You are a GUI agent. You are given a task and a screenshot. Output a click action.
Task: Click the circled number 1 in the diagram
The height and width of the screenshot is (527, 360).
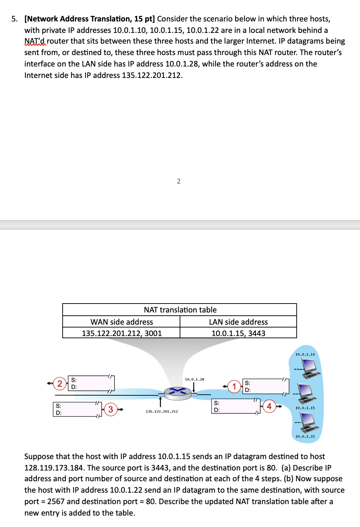pyautogui.click(x=234, y=386)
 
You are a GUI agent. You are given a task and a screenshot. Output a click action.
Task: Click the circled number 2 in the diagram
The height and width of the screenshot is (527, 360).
pyautogui.click(x=60, y=384)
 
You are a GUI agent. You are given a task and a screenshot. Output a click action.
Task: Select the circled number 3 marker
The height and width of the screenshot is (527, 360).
pyautogui.click(x=111, y=409)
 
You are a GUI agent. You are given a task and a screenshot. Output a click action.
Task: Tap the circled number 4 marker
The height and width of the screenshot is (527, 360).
pyautogui.click(x=269, y=406)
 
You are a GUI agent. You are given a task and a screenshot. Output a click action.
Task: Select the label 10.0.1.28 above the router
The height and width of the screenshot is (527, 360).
pyautogui.click(x=194, y=379)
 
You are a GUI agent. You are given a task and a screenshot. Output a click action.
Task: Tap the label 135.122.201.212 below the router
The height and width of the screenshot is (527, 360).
pyautogui.click(x=162, y=412)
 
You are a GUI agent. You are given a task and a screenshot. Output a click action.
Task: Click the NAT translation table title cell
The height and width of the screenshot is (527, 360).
pyautogui.click(x=180, y=310)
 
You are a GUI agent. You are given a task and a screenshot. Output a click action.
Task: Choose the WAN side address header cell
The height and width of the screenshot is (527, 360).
pyautogui.click(x=122, y=322)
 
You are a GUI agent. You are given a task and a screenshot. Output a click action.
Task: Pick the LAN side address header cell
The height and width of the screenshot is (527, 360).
pyautogui.click(x=238, y=322)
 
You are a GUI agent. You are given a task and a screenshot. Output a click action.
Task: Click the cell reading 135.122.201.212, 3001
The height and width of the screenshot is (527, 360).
pyautogui.click(x=122, y=333)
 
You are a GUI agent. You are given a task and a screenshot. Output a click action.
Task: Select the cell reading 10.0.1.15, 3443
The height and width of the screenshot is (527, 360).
pyautogui.click(x=238, y=333)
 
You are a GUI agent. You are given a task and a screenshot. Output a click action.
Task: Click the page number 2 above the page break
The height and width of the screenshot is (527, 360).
pyautogui.click(x=179, y=181)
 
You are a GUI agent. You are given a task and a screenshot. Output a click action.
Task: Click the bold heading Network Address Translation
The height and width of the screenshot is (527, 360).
pyautogui.click(x=89, y=19)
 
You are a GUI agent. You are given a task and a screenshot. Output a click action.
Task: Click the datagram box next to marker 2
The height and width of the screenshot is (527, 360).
pyautogui.click(x=91, y=383)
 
